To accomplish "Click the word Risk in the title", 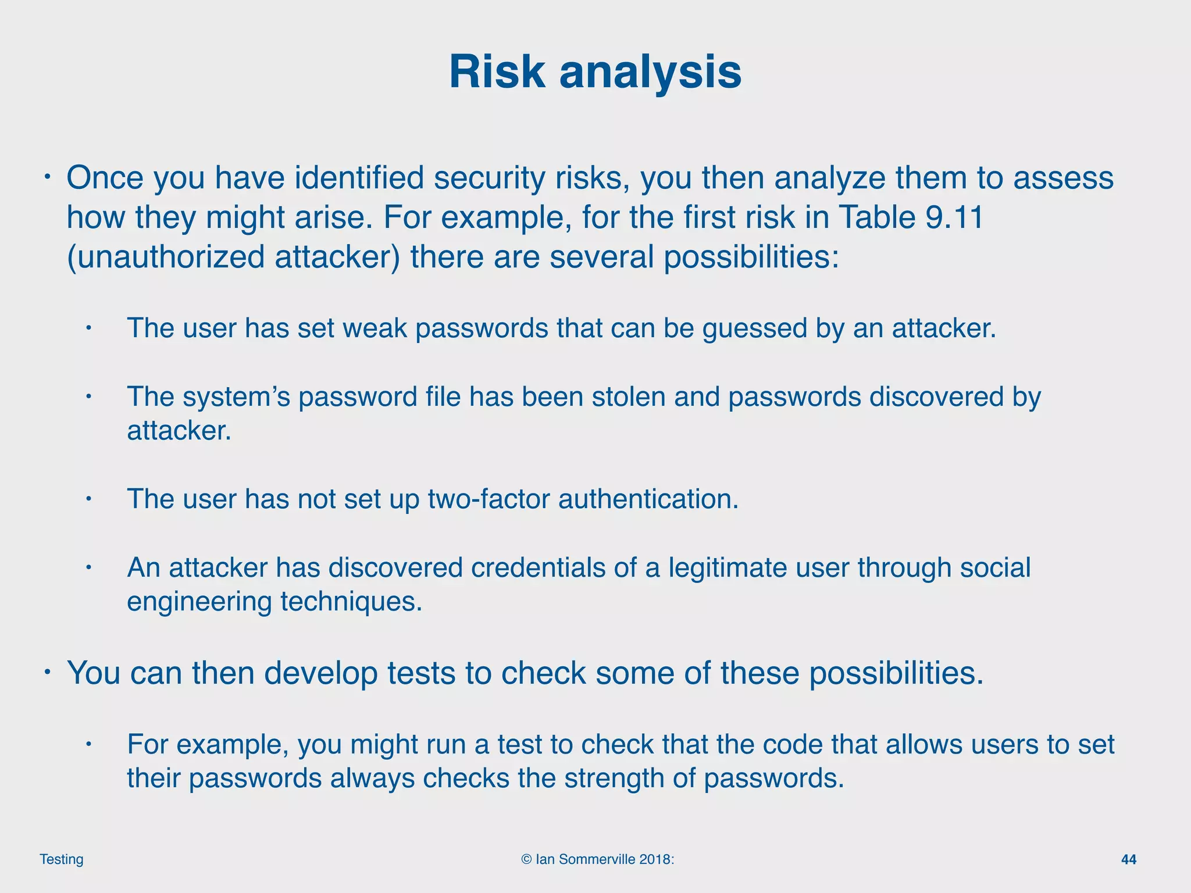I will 497,72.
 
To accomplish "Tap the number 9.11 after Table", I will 953,217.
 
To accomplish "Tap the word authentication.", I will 648,499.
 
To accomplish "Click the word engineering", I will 199,602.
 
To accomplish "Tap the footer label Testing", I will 62,859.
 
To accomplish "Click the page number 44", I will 1128,859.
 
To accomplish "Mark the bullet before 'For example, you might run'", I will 88,744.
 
